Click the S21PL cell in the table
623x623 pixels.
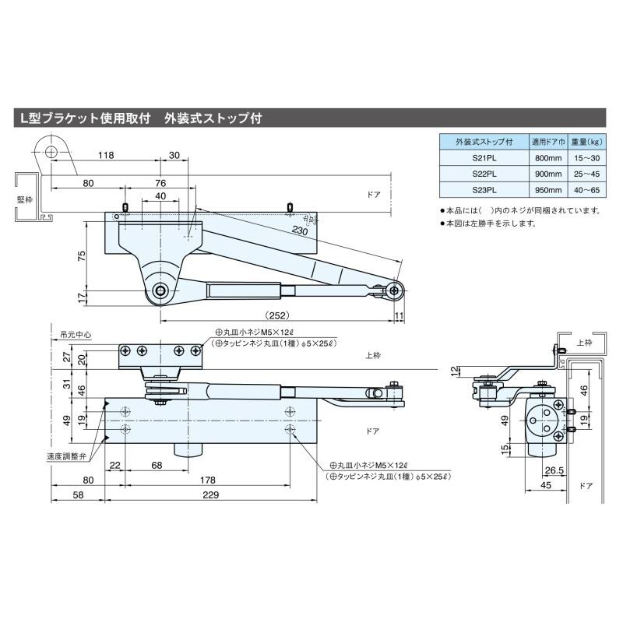484,158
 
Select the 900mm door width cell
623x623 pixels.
547,174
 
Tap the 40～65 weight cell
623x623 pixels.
584,189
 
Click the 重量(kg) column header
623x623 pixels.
584,143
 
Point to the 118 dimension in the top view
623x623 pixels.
107,156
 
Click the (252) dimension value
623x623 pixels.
277,316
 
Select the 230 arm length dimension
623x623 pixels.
299,230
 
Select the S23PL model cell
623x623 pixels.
484,189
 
